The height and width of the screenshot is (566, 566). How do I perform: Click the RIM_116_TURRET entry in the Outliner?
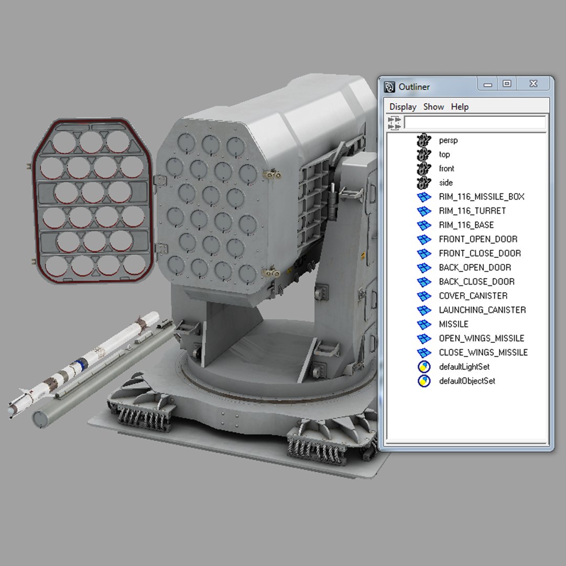coord(472,211)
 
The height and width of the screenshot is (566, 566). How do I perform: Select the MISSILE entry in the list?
coord(453,324)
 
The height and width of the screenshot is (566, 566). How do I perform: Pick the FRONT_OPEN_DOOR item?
coord(477,239)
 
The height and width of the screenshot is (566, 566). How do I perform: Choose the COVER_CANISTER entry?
coord(473,296)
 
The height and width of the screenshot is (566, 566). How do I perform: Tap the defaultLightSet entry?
coord(464,367)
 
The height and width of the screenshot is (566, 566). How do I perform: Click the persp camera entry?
coord(448,140)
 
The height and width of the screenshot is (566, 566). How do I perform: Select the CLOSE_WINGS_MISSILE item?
coord(483,352)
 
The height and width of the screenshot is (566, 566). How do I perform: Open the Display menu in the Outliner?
coord(402,106)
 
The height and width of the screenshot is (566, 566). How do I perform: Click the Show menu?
coord(433,106)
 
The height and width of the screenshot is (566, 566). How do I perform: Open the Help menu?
coord(460,106)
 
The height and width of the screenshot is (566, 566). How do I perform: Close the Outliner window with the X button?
coord(533,84)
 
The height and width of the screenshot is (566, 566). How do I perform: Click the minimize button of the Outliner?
coord(488,84)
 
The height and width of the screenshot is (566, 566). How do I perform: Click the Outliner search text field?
coord(475,123)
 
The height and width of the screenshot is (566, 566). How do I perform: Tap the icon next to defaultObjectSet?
coord(424,381)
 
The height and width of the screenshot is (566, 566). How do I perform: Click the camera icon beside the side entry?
coord(423,183)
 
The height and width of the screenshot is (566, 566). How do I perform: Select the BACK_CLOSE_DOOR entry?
coord(476,281)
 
